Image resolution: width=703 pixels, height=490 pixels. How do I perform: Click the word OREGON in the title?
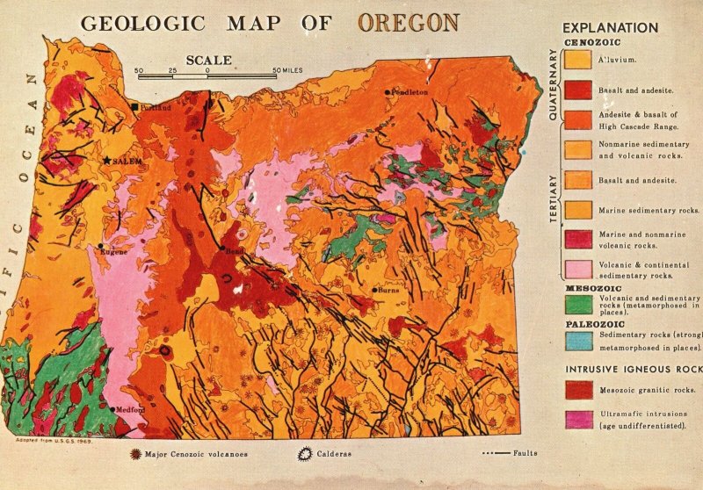(x=408, y=22)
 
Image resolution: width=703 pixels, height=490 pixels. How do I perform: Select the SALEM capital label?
(x=127, y=162)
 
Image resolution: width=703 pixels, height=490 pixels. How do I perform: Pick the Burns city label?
(x=388, y=291)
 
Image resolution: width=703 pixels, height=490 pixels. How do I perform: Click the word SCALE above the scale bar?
(x=208, y=61)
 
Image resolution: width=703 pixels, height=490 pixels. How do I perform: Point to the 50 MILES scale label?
(x=289, y=70)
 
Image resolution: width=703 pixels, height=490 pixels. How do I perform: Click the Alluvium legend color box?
(x=577, y=60)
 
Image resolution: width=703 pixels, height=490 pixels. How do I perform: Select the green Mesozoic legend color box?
(x=577, y=304)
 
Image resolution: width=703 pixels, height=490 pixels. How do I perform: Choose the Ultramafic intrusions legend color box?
(x=577, y=418)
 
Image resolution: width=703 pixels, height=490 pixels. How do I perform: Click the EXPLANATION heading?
(x=610, y=27)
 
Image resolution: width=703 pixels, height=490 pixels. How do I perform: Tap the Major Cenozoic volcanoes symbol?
(x=134, y=454)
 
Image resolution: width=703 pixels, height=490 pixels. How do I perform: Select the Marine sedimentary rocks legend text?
(x=649, y=210)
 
